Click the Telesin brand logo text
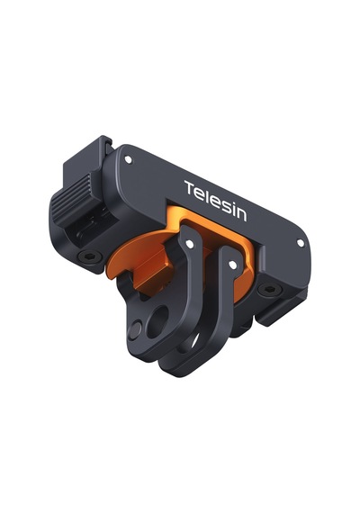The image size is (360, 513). point(215,201)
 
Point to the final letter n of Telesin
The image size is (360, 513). point(240,214)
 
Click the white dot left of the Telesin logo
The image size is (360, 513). point(129,159)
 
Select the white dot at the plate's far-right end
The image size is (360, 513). point(300,243)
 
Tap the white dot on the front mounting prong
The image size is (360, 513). point(189,244)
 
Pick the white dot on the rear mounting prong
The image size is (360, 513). point(233,265)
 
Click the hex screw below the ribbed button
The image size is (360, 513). point(87,256)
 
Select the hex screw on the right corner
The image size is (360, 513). point(266,289)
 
